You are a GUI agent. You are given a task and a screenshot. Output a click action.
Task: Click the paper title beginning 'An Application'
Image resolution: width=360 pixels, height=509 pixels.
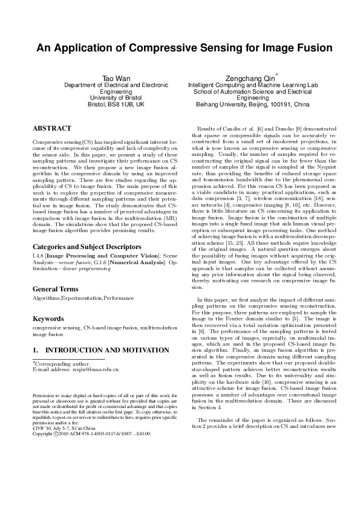180,48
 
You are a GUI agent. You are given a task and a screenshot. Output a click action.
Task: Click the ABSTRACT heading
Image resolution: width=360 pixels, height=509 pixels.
51,128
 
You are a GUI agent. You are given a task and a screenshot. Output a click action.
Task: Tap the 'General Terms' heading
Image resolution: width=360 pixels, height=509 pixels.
55,288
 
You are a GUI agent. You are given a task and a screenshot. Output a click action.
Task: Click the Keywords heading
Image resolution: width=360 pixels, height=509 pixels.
48,319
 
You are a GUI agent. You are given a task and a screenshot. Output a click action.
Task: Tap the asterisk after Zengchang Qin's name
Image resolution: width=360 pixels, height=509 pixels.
277,74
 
